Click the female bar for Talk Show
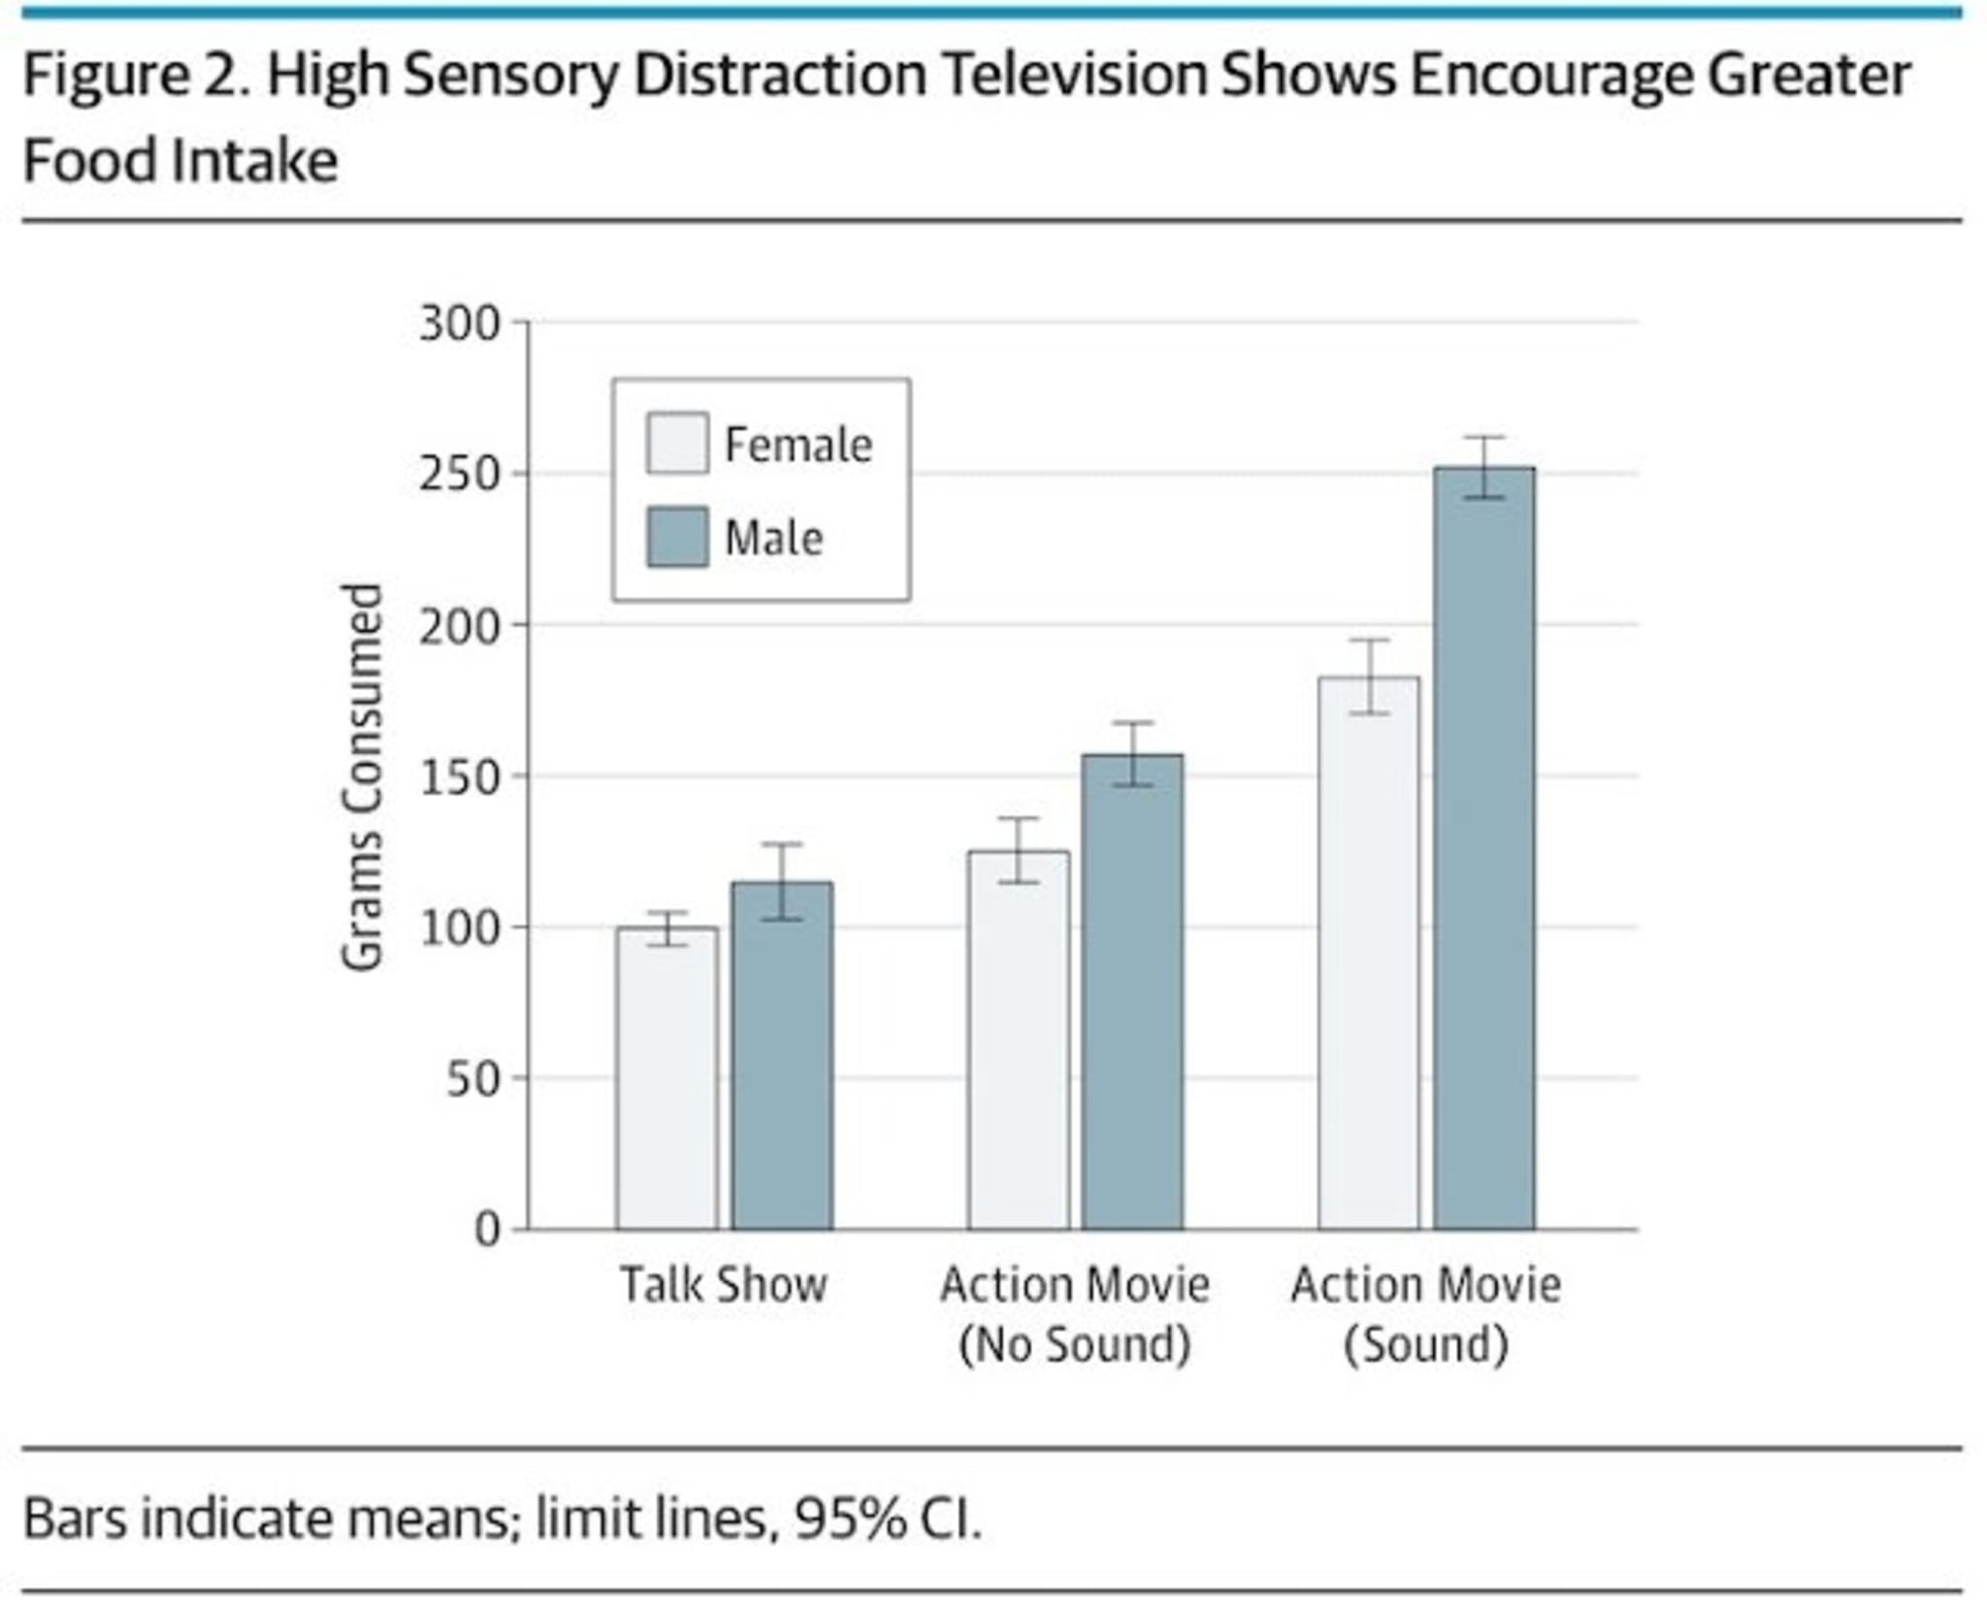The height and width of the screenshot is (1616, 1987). [x=667, y=1077]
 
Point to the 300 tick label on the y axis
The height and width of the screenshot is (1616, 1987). [x=459, y=324]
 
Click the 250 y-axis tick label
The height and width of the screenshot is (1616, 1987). [x=459, y=476]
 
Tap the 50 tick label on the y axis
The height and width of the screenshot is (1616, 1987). [x=472, y=1079]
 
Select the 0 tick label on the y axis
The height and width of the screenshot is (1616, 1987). [x=487, y=1231]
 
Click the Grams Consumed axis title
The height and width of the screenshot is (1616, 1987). [x=363, y=776]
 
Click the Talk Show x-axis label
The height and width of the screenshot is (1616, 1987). [x=724, y=1285]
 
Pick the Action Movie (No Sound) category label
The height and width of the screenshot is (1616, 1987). [x=1075, y=1314]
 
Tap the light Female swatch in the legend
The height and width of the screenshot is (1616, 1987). [x=677, y=445]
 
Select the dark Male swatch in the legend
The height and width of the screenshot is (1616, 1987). [x=677, y=537]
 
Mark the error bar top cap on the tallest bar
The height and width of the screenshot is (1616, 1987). [x=1484, y=438]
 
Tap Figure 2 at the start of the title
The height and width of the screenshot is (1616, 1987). [x=136, y=76]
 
